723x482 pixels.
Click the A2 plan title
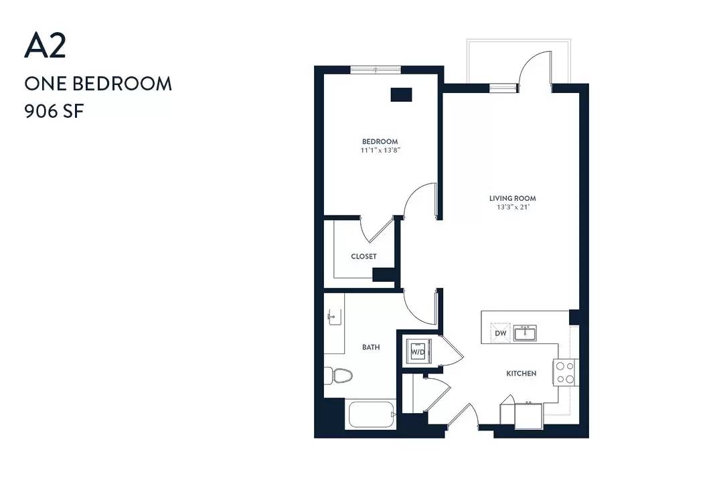tap(46, 46)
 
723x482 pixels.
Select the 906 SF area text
tap(54, 111)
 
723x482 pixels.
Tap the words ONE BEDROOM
tap(98, 84)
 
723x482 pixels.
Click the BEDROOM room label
tap(380, 142)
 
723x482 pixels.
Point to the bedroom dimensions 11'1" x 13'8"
tap(380, 151)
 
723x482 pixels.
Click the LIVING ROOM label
tap(512, 198)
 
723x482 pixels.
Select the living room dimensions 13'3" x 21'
tap(512, 207)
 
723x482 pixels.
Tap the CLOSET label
tap(364, 256)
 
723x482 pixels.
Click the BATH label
tap(371, 347)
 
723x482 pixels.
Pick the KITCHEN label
tap(521, 374)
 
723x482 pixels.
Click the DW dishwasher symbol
tap(501, 333)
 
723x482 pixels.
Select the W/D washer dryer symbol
tap(418, 352)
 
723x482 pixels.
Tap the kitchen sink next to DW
tap(526, 333)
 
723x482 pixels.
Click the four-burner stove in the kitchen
tap(565, 373)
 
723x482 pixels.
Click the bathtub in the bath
tap(372, 414)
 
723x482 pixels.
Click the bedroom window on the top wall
tap(376, 70)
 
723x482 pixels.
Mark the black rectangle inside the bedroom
tap(401, 94)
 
